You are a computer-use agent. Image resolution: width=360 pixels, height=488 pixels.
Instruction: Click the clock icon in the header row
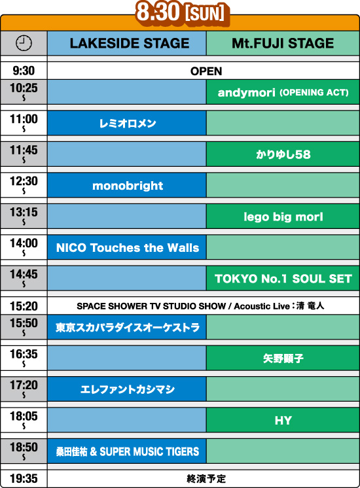tap(24, 43)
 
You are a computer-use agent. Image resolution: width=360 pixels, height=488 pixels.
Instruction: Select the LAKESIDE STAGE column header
tap(127, 43)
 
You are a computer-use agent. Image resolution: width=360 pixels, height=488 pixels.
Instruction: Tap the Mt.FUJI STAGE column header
tap(283, 43)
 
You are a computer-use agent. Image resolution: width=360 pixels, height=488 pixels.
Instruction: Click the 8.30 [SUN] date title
tap(180, 13)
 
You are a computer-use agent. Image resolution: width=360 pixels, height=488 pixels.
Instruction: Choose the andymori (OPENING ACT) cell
tap(283, 92)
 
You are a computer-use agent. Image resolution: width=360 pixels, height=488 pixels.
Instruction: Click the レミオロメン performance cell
tap(127, 123)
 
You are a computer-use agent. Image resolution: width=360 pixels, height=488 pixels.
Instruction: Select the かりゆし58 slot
tap(283, 154)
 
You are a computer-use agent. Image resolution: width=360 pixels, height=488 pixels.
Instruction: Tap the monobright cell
tap(127, 186)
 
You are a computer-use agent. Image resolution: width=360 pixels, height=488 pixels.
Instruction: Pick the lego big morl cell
tap(283, 217)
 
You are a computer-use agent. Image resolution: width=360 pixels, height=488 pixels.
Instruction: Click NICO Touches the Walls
tap(127, 247)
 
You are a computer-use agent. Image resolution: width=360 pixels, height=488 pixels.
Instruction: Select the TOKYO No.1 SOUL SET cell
tap(283, 279)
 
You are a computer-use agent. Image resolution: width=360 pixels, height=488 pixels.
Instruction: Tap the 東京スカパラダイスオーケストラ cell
tap(127, 327)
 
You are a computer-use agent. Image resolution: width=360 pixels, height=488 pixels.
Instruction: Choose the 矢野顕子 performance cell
tap(283, 358)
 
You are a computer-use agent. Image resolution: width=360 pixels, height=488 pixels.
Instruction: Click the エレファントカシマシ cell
tap(127, 389)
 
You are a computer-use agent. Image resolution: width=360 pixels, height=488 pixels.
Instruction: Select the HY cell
tap(283, 420)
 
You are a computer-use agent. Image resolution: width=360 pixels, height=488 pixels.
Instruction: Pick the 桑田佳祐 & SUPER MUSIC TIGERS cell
tap(127, 451)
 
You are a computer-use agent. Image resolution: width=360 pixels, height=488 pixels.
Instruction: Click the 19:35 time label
tap(24, 478)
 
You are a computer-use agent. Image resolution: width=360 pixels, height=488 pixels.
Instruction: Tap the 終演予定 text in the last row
tap(206, 479)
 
